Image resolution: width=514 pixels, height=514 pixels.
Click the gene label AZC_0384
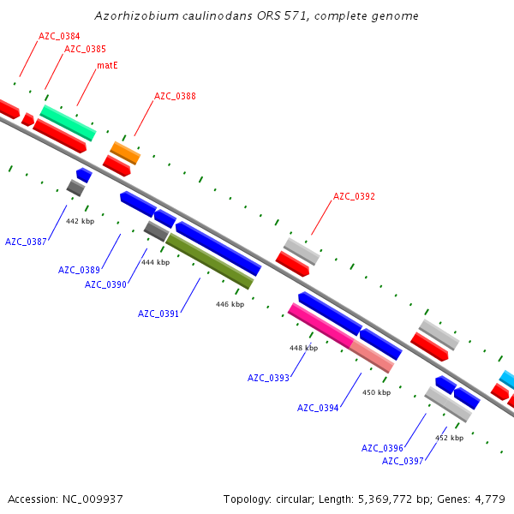(59, 36)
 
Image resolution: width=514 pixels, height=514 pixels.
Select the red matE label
(107, 65)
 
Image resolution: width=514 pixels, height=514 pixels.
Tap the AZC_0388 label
(175, 96)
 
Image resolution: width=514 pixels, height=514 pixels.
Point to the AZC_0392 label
(354, 196)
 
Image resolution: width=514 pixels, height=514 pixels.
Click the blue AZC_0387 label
(26, 242)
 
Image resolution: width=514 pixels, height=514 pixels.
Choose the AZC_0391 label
(158, 314)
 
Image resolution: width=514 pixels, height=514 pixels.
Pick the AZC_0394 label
(318, 408)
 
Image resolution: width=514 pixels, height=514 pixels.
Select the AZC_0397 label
(403, 461)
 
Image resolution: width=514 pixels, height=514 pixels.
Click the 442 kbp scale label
(79, 221)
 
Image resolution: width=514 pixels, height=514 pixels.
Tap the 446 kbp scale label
(230, 304)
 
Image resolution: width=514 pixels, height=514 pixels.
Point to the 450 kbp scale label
(376, 392)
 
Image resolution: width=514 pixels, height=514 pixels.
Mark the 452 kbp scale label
(449, 438)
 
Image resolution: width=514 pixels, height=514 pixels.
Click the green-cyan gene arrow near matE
(68, 123)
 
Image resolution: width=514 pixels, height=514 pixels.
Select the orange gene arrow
(125, 152)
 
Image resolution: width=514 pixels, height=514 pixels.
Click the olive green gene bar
(210, 261)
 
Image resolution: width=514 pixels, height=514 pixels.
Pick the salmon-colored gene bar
(372, 356)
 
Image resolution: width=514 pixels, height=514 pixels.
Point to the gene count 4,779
(489, 499)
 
